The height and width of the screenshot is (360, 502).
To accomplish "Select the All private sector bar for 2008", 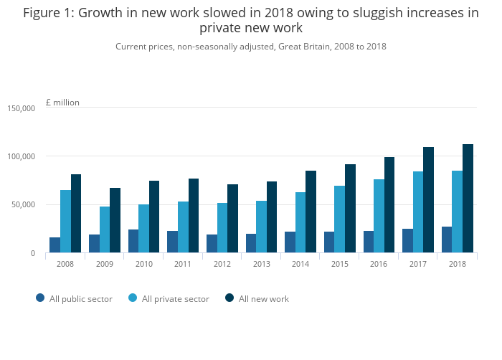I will [65, 222].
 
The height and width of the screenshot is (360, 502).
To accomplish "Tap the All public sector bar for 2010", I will [133, 241].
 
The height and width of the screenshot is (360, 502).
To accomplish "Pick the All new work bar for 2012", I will [232, 219].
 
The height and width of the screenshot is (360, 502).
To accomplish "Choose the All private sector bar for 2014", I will [300, 222].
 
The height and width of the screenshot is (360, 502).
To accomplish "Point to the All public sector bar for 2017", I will [407, 241].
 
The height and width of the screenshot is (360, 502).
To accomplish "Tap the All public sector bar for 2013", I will [251, 243].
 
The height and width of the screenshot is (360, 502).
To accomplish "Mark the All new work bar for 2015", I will [350, 209].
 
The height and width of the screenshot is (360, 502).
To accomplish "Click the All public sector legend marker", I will [40, 298].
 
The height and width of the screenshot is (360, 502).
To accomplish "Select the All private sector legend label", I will [176, 299].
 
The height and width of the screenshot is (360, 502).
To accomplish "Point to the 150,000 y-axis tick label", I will [21, 108].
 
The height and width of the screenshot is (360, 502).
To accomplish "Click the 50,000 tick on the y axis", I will [23, 205].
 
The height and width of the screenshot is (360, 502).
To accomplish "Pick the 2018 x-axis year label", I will [457, 264].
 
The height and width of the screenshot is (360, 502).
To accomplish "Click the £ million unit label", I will [62, 103].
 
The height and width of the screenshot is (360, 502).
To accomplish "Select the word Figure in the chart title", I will [44, 13].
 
